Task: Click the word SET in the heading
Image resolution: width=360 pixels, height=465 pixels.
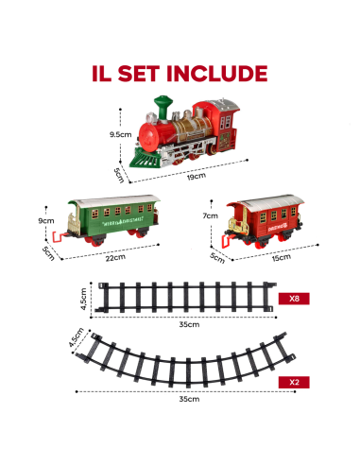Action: (143, 73)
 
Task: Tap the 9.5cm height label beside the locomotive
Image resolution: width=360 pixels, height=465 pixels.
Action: (120, 135)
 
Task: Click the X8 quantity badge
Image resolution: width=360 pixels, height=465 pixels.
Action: (295, 299)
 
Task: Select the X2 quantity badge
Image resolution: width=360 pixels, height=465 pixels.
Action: (295, 384)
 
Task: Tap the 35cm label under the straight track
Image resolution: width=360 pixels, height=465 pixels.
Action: (188, 324)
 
